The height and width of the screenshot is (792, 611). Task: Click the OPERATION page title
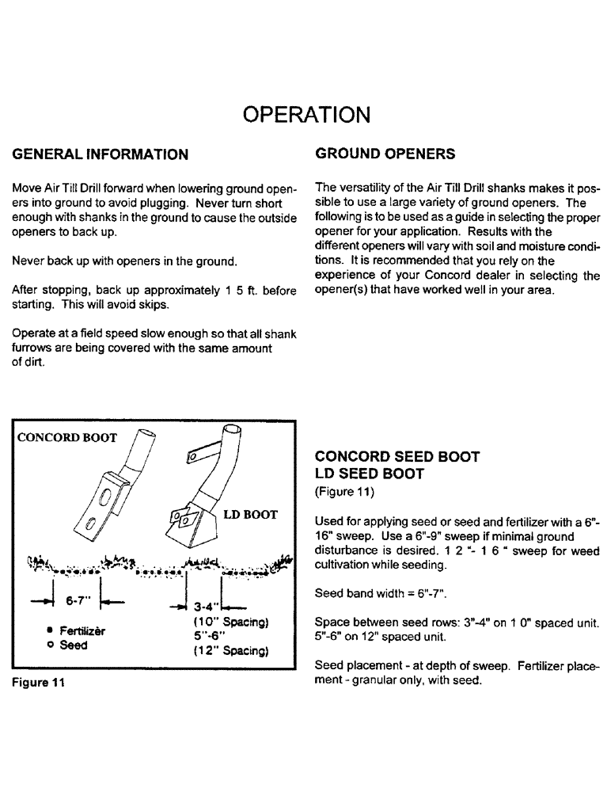coord(305,114)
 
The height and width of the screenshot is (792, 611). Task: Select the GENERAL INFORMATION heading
coord(100,154)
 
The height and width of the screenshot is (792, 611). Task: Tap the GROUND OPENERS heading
coord(385,153)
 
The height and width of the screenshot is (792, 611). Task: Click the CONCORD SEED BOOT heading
coord(397,457)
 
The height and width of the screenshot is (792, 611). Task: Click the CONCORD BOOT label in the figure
coord(67,437)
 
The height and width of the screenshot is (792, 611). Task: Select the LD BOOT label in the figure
coord(250,515)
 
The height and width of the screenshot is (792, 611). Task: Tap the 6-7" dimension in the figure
coord(78,601)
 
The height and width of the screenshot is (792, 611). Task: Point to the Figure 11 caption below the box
coord(36,685)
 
